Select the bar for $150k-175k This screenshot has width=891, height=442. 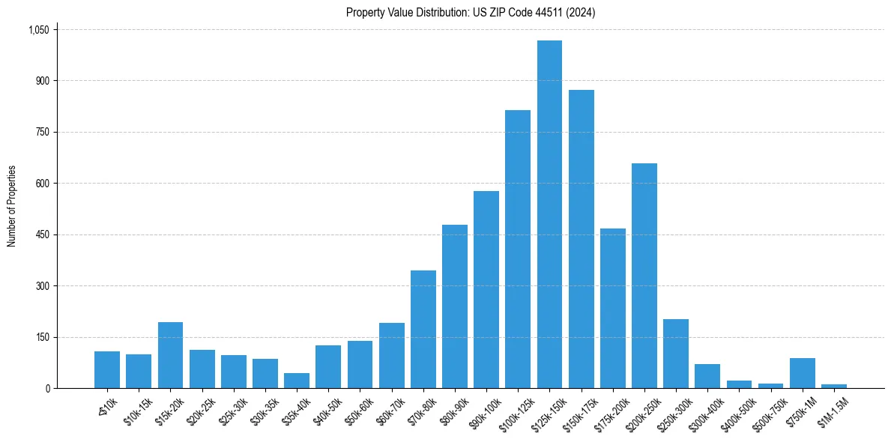581,239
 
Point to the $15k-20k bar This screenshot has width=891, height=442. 170,355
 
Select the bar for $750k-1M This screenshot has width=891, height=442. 803,373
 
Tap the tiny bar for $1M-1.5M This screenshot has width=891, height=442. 834,386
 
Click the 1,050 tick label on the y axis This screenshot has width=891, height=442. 38,30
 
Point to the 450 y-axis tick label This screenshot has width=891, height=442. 43,234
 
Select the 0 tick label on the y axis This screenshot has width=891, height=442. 47,388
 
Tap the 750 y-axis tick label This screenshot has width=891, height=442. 43,132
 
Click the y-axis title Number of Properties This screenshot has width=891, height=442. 12,206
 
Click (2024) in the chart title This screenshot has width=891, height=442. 580,12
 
